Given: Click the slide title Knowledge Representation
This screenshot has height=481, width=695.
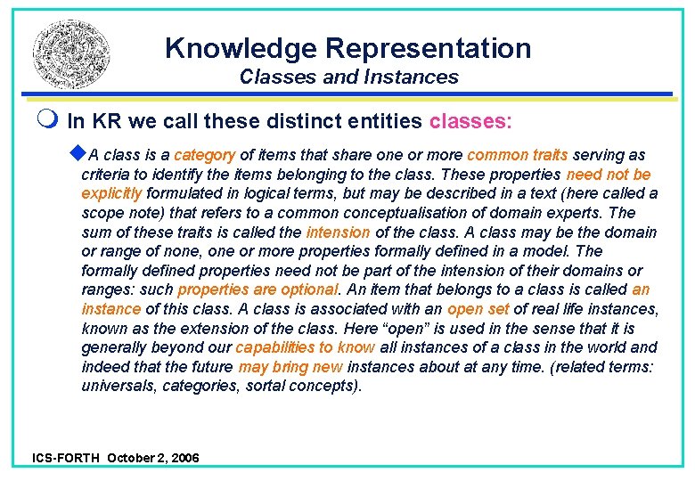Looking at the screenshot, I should (x=347, y=47).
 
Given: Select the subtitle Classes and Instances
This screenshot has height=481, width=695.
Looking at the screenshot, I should (x=348, y=77).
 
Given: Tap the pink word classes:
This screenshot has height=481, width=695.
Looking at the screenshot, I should (x=470, y=120).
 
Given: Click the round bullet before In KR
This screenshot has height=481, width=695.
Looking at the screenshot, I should (x=45, y=120).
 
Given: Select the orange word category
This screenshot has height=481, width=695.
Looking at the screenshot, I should (x=204, y=155).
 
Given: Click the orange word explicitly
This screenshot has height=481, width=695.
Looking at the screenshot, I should (x=111, y=193).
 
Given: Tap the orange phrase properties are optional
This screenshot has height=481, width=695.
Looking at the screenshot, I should (x=258, y=290).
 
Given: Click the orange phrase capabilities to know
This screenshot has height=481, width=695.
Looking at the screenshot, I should (x=305, y=348).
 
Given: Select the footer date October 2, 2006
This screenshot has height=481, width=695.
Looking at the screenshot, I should (x=153, y=458).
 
